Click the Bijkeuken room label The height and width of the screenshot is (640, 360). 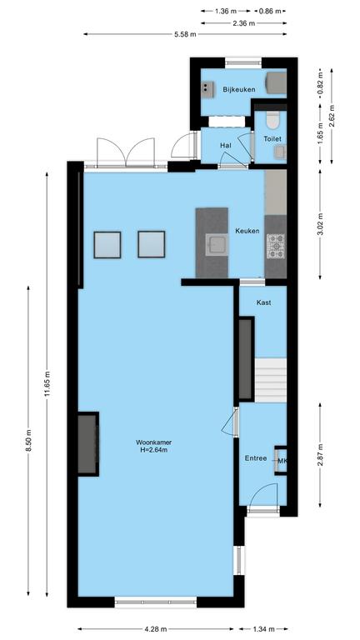click(x=239, y=89)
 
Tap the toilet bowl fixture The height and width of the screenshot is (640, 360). click(x=272, y=119)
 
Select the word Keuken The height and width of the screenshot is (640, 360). click(x=247, y=231)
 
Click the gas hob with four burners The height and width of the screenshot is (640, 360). click(x=276, y=246)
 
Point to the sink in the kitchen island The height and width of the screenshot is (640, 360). click(x=215, y=244)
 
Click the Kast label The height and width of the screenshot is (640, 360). click(x=263, y=302)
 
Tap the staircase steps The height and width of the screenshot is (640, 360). click(x=270, y=380)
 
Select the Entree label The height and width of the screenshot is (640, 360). click(x=256, y=458)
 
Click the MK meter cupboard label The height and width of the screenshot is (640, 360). click(x=282, y=461)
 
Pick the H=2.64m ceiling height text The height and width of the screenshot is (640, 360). click(x=153, y=450)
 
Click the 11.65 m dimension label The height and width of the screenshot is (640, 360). click(x=47, y=383)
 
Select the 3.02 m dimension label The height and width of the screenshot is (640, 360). click(x=320, y=224)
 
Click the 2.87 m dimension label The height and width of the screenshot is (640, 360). click(x=320, y=454)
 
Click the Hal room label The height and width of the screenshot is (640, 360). click(x=225, y=145)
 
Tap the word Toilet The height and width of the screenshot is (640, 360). click(x=272, y=139)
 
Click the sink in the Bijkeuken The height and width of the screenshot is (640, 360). click(x=207, y=89)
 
